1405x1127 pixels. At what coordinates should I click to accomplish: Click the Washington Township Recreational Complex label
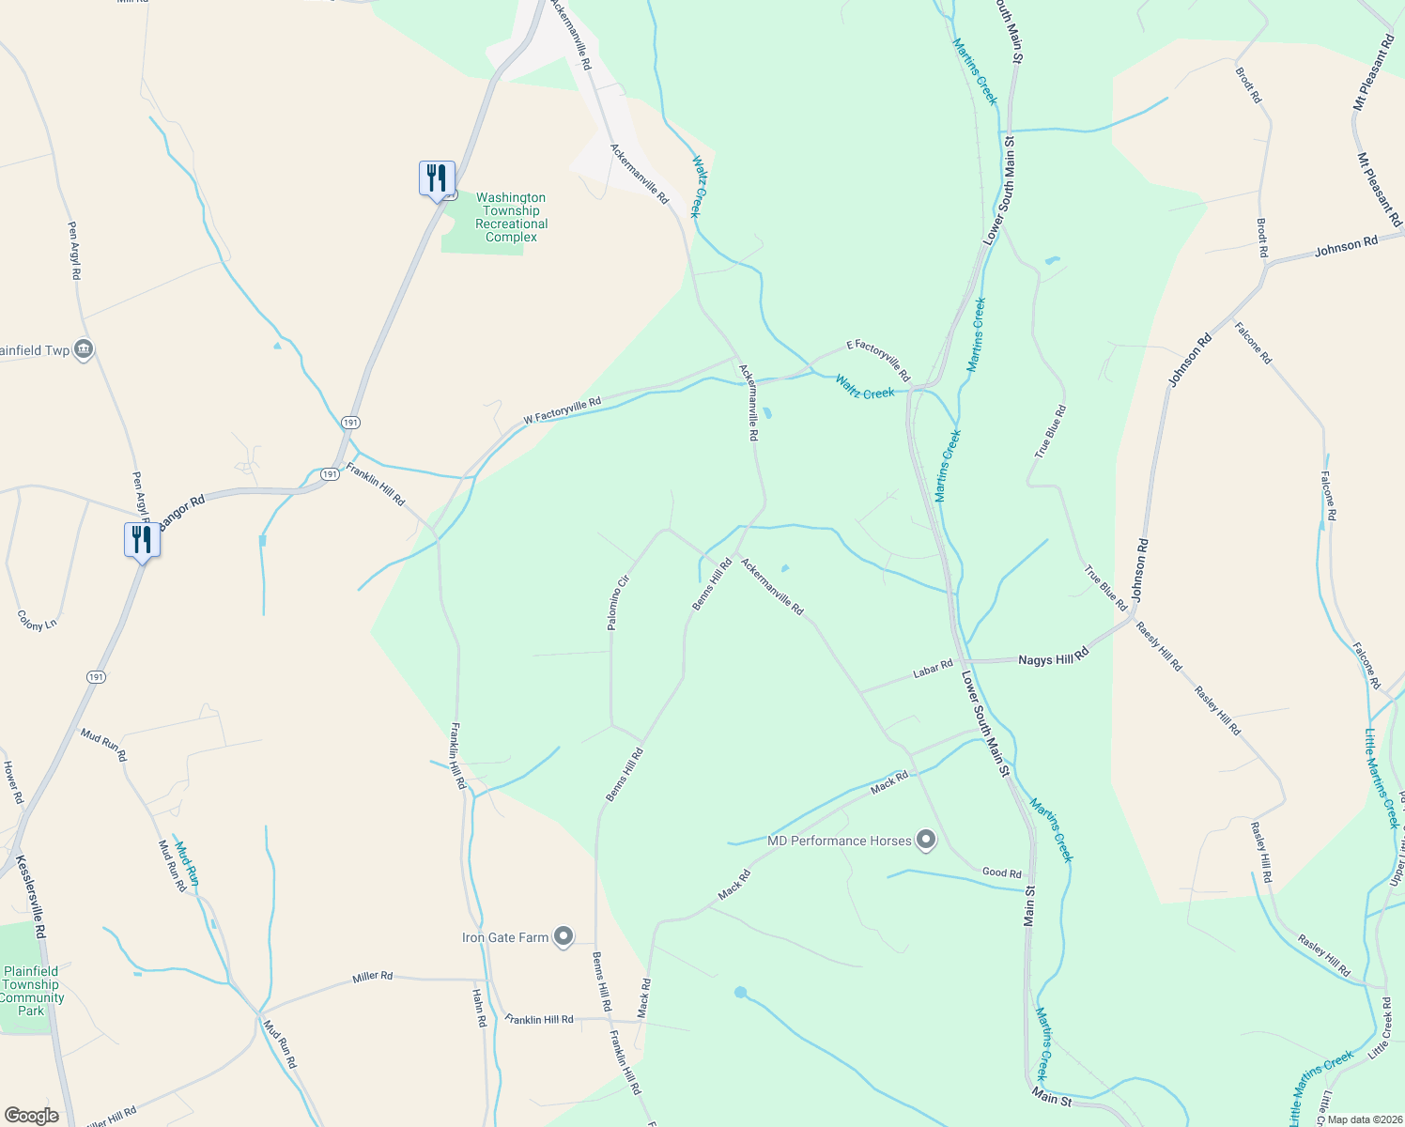pos(511,217)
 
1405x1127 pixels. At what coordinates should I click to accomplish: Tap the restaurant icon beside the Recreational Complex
pos(437,177)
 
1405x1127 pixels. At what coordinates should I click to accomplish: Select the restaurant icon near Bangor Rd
pos(142,540)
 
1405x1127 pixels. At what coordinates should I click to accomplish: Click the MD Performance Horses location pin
pos(926,840)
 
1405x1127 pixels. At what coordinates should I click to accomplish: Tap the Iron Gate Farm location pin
pos(564,936)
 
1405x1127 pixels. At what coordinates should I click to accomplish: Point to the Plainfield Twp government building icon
pos(84,349)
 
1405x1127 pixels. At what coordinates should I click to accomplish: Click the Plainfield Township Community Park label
pos(31,991)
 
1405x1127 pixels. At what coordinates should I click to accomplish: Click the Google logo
pos(31,1115)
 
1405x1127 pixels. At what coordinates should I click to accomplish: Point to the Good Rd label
pos(1001,872)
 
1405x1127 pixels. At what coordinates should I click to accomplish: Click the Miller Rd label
pos(372,977)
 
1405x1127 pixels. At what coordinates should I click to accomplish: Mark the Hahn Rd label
pos(479,1007)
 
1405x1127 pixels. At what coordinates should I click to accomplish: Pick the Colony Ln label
pos(38,621)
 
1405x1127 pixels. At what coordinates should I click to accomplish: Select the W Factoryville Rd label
pos(562,410)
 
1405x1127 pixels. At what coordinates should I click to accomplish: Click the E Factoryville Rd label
pos(878,360)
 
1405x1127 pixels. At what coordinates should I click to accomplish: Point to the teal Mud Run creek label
pos(187,863)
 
